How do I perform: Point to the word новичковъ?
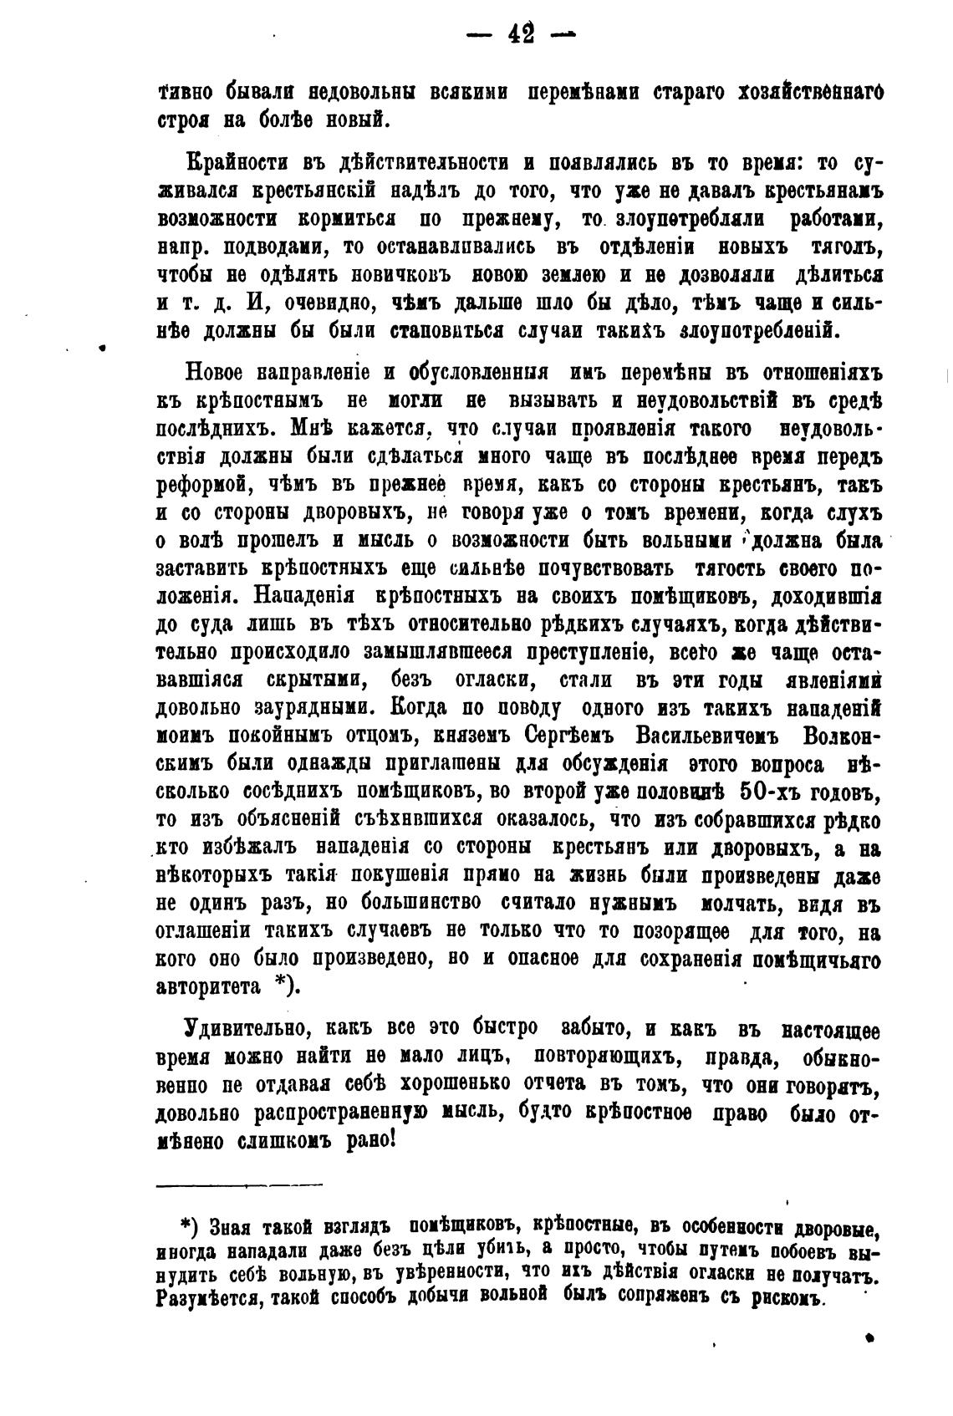point(395,275)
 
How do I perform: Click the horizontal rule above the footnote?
point(239,1184)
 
